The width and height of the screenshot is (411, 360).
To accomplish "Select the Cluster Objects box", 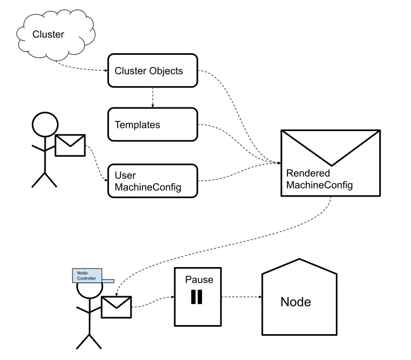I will pyautogui.click(x=153, y=70).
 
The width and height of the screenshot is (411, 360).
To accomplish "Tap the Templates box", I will pyautogui.click(x=153, y=125).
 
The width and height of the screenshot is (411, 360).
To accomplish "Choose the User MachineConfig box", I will pyautogui.click(x=153, y=181).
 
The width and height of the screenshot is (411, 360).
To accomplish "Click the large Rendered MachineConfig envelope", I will pyautogui.click(x=331, y=162).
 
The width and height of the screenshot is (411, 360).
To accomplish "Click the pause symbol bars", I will pyautogui.click(x=197, y=297).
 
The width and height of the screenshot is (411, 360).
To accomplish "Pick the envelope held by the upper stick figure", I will pyautogui.click(x=70, y=145).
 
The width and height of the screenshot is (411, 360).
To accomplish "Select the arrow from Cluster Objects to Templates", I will pyautogui.click(x=153, y=97).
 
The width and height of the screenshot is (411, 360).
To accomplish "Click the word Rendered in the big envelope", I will pyautogui.click(x=308, y=174).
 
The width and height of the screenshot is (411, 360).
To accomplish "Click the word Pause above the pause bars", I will pyautogui.click(x=199, y=280).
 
